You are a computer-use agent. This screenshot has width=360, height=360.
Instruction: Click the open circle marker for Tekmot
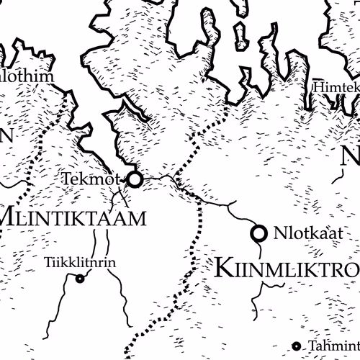(135, 179)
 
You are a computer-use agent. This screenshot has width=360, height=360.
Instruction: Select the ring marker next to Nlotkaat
(258, 233)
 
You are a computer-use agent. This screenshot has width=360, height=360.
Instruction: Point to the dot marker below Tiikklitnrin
(80, 279)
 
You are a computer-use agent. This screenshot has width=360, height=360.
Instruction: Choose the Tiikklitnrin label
(79, 263)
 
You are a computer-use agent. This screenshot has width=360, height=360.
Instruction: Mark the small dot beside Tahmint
(296, 346)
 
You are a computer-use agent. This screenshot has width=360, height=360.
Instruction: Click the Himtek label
(336, 86)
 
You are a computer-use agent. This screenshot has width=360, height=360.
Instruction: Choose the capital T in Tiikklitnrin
(48, 263)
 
